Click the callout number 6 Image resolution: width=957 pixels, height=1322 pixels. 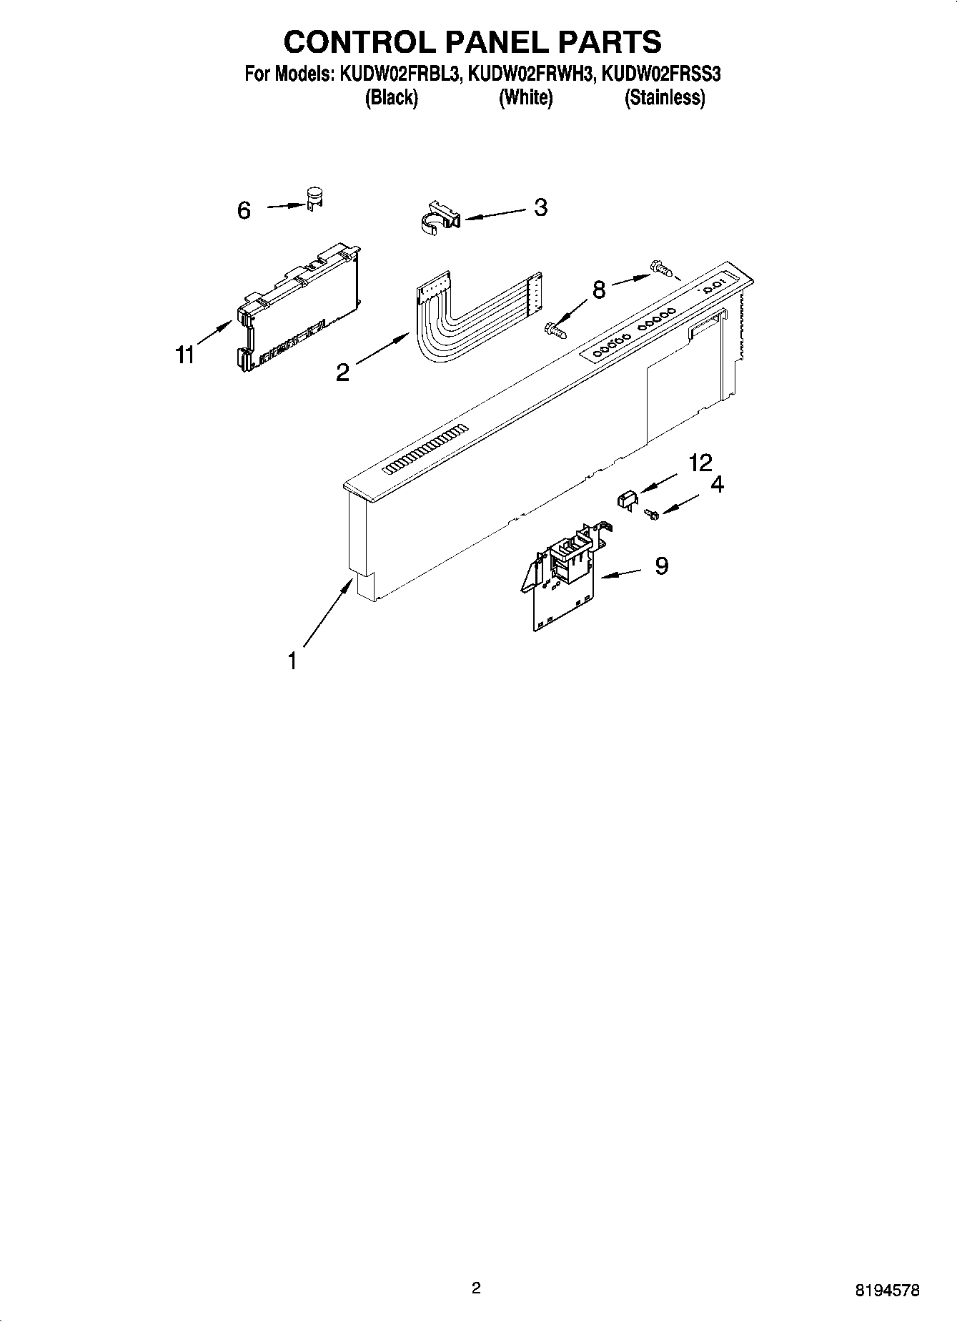point(244,210)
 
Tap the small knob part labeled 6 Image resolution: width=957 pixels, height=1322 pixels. point(313,199)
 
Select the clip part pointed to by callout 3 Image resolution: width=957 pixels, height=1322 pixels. point(439,218)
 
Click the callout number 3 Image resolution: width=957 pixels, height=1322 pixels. point(541,207)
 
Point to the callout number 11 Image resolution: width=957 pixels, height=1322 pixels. point(186,355)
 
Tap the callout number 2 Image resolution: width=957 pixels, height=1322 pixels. point(343,372)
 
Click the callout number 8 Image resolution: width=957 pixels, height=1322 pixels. point(599,290)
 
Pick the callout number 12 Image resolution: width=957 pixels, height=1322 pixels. point(700,463)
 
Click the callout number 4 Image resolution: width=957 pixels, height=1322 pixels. point(717,485)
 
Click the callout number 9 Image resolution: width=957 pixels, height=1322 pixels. point(662,566)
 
